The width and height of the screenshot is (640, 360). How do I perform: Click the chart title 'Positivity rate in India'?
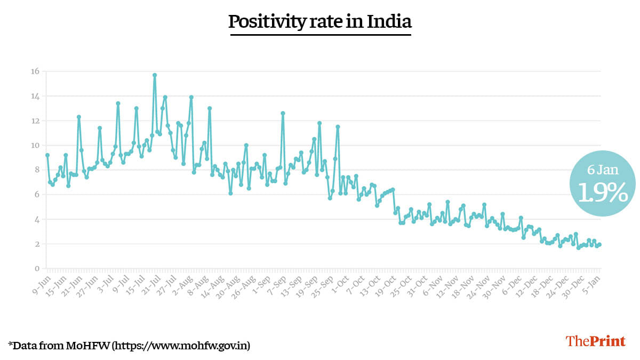tap(320, 22)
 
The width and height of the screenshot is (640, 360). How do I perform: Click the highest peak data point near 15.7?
tap(155, 75)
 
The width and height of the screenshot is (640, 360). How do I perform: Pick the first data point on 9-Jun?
tap(47, 155)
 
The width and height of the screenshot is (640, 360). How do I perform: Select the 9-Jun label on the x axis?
tap(42, 282)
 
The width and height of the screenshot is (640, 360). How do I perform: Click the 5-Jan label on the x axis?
tap(595, 282)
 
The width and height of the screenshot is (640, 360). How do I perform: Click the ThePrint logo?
tap(595, 341)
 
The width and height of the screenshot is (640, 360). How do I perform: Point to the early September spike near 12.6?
tap(283, 113)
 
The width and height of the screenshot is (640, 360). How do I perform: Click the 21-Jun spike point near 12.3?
tap(79, 117)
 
